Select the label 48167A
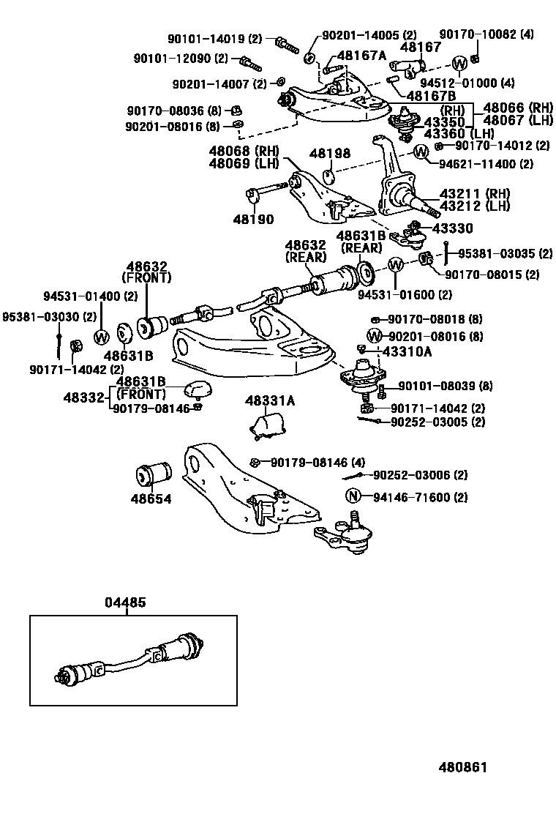coord(361,55)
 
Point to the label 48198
coord(329,154)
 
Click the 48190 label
coord(253,219)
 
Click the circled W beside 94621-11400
coord(421,152)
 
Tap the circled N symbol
coord(353,497)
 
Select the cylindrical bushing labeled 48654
coord(153,474)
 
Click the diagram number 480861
coord(462,767)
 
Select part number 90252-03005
coord(428,422)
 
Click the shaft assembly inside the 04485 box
coord(132,660)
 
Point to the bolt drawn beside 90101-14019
coord(286,42)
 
